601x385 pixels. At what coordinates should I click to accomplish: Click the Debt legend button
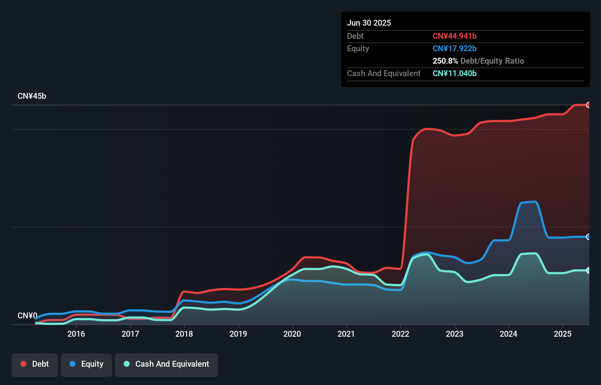click(x=35, y=364)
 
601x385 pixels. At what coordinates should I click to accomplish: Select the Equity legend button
click(x=86, y=364)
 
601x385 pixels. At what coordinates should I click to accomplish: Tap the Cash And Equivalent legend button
click(x=167, y=364)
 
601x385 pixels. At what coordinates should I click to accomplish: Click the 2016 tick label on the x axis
click(x=76, y=334)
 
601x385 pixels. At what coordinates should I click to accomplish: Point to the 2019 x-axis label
click(x=238, y=334)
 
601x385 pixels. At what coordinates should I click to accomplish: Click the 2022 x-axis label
click(x=400, y=334)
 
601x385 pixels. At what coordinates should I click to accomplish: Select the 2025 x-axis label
click(x=563, y=334)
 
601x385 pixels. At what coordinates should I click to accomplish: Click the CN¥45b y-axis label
click(x=32, y=96)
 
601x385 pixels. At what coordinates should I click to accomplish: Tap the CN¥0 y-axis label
click(x=27, y=315)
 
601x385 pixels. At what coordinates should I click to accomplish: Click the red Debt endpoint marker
click(x=589, y=105)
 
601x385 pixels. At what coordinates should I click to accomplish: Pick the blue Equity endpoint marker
click(x=589, y=237)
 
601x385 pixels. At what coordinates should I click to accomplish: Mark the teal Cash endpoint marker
click(x=589, y=270)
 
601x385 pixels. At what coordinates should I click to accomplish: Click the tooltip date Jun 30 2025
click(x=369, y=23)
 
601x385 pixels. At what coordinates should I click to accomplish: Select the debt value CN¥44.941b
click(x=455, y=36)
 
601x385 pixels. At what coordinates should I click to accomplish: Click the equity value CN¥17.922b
click(x=455, y=48)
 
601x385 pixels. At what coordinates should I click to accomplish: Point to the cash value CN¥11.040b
click(x=455, y=73)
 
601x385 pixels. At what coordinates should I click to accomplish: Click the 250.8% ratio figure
click(x=445, y=61)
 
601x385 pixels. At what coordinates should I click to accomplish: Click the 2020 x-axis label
click(x=292, y=334)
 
